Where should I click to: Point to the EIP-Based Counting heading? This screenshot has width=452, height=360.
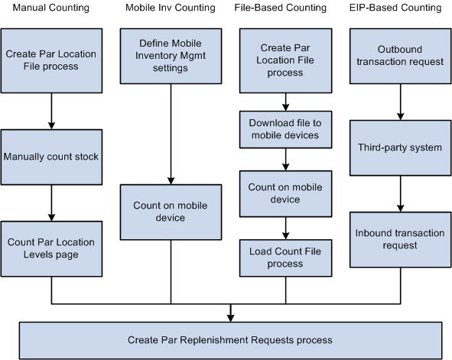(x=398, y=8)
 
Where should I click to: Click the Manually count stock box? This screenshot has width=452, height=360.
(x=51, y=157)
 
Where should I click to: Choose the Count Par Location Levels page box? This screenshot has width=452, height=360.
(x=51, y=248)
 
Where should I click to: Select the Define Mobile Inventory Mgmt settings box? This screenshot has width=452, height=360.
(x=171, y=56)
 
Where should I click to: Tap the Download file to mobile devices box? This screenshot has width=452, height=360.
(x=285, y=130)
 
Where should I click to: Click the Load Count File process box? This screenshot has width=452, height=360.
(x=285, y=258)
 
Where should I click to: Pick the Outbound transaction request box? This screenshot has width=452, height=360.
(x=400, y=56)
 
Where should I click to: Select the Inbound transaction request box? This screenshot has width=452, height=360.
(x=400, y=239)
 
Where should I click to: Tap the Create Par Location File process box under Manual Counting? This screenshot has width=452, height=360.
(x=51, y=60)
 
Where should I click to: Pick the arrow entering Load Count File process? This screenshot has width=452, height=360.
(x=285, y=230)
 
